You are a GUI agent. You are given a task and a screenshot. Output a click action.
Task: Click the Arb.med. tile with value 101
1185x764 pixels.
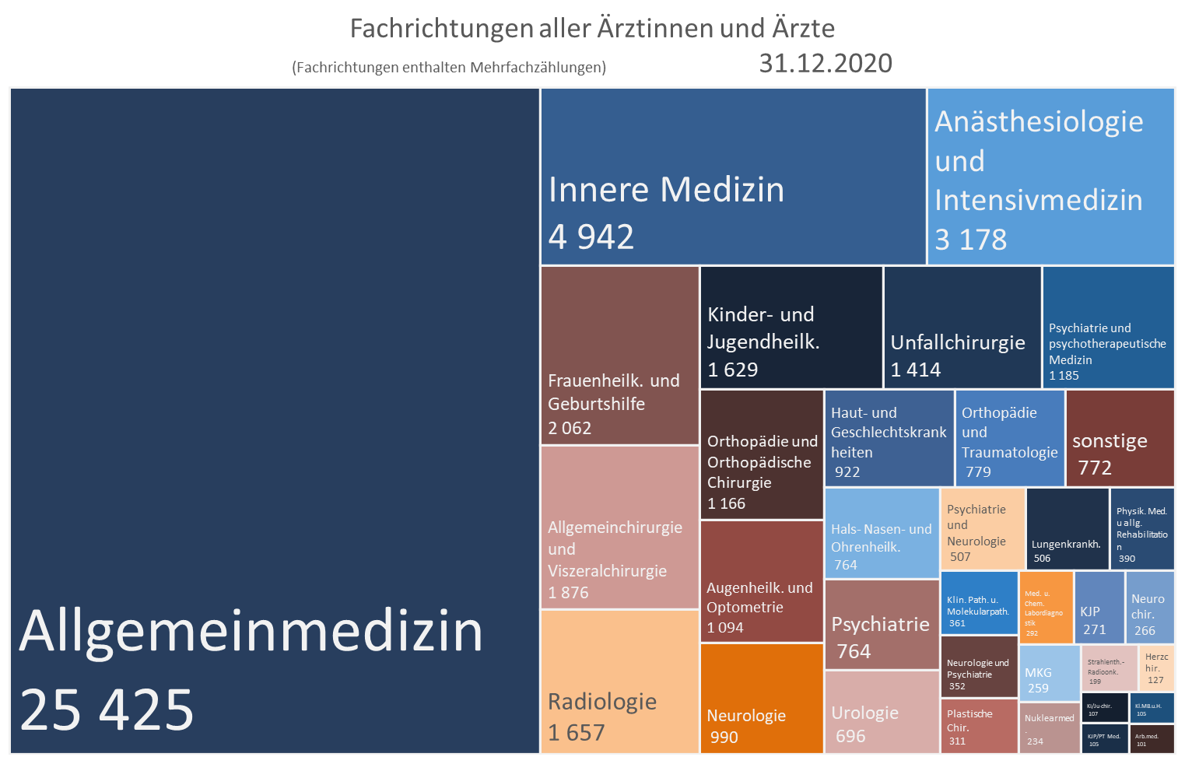point(1152,739)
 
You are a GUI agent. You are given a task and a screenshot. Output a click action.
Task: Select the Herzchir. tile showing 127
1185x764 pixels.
point(1157,668)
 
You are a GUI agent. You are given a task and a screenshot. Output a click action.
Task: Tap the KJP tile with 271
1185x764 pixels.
point(1099,608)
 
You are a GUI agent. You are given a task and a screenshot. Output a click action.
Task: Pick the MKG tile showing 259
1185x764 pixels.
point(1050,673)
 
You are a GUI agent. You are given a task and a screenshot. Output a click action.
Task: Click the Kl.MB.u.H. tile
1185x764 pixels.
point(1152,708)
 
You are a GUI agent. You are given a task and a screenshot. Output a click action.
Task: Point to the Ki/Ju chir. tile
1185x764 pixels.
point(1105,708)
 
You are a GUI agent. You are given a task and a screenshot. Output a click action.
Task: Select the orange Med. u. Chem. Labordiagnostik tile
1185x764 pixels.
point(1047,608)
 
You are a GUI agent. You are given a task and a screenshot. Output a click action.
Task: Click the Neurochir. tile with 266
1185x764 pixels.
point(1149,608)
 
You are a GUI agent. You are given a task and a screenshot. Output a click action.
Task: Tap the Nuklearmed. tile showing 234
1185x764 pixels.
point(1050,728)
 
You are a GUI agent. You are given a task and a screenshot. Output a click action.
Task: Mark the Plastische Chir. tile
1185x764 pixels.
point(979,727)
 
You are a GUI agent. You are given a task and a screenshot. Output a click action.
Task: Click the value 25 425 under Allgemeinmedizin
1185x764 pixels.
point(107,710)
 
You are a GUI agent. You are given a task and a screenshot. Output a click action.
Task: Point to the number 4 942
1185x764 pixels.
point(591,237)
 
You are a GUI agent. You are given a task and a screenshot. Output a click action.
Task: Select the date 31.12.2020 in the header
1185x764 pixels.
point(826,63)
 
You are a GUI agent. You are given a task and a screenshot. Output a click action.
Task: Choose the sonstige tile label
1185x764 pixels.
point(1110,440)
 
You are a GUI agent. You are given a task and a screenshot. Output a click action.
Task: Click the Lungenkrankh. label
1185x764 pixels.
point(1066,544)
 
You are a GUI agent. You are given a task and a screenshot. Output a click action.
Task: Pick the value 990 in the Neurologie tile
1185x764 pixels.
point(724,737)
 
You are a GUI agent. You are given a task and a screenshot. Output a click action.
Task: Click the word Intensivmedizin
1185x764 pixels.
point(1038,200)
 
